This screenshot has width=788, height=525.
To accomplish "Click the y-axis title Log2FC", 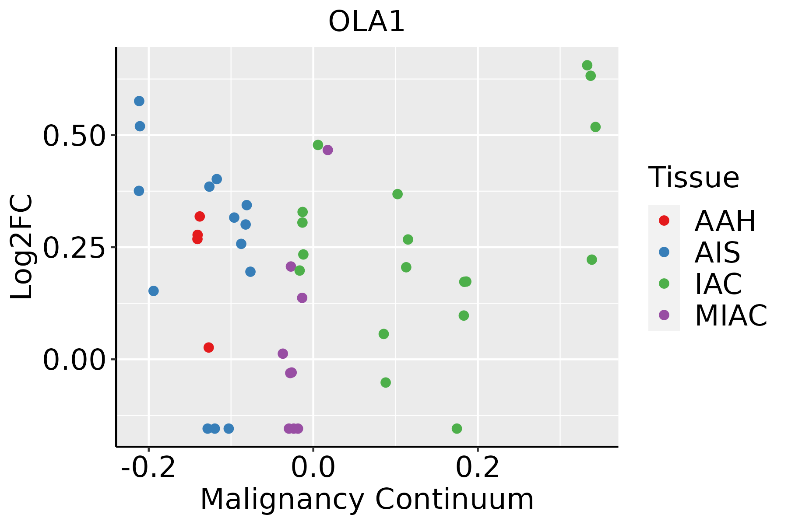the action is [x=22, y=247].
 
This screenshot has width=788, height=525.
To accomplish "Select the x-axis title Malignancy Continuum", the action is [x=367, y=499].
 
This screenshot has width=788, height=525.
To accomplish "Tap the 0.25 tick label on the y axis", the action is [x=75, y=248].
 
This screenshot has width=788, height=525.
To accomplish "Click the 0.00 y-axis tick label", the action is [x=75, y=360].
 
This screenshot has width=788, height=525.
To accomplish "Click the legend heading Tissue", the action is [x=694, y=178].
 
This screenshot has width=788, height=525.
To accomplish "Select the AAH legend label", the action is [x=725, y=221].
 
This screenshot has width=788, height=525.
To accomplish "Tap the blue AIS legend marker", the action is [x=664, y=252].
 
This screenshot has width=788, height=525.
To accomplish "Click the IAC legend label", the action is [x=718, y=284].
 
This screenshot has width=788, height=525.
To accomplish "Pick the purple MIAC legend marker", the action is [x=664, y=315].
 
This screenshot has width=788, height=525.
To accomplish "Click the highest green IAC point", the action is [x=587, y=65].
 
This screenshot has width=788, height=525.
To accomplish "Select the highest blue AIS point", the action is [x=139, y=101].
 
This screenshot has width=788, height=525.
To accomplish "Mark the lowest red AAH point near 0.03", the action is [x=209, y=347].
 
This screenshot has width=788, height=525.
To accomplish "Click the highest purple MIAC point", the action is [x=327, y=150].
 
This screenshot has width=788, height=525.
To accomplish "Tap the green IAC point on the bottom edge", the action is [x=457, y=428].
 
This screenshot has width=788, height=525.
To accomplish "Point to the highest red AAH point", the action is [x=200, y=216].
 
